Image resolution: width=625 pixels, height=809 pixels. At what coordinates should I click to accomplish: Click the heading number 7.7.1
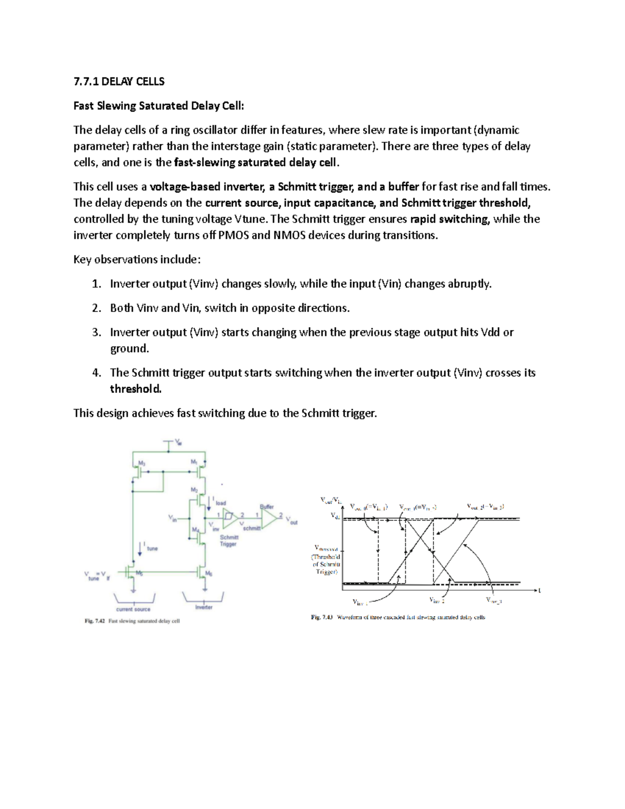86,81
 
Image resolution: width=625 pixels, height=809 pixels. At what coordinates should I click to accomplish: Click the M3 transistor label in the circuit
141,463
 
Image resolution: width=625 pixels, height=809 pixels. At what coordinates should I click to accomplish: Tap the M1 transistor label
194,462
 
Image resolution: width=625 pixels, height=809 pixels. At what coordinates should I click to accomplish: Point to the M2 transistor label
194,490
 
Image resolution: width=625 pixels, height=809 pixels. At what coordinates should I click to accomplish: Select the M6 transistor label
208,574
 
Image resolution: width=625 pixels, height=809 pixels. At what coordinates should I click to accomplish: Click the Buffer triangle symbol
269,518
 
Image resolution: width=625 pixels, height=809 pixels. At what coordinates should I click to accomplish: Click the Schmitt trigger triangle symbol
230,516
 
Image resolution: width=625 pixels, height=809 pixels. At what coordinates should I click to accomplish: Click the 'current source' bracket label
133,609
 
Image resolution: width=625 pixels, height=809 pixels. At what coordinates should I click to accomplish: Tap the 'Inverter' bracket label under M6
204,607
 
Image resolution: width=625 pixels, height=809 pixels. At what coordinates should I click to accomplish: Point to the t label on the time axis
539,591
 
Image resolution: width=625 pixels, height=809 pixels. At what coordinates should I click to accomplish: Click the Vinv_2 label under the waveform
436,601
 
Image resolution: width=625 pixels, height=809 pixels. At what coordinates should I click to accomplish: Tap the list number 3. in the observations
96,332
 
